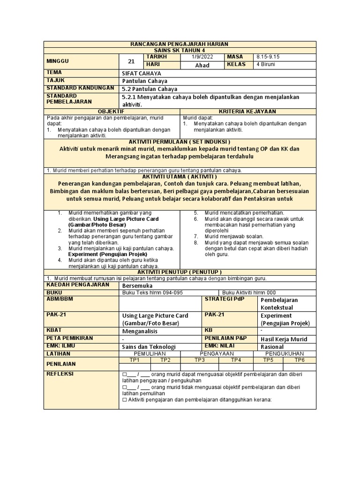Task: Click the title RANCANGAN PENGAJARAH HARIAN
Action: pyautogui.click(x=180, y=44)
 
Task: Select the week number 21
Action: pyautogui.click(x=131, y=61)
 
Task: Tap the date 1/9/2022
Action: pyautogui.click(x=202, y=57)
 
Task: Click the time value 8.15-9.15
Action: pyautogui.click(x=268, y=57)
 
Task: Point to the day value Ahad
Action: pyautogui.click(x=202, y=65)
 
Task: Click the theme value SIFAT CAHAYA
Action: pyautogui.click(x=141, y=74)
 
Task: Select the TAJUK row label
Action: pyautogui.click(x=55, y=81)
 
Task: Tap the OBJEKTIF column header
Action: pyautogui.click(x=111, y=111)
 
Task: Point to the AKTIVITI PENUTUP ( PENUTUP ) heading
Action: pyautogui.click(x=180, y=272)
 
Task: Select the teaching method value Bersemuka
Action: pyautogui.click(x=137, y=285)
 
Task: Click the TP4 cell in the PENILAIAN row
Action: pyautogui.click(x=235, y=360)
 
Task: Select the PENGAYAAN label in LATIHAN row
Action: pyautogui.click(x=217, y=353)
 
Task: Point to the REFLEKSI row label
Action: pyautogui.click(x=60, y=374)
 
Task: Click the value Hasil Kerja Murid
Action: pyautogui.click(x=284, y=339)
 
